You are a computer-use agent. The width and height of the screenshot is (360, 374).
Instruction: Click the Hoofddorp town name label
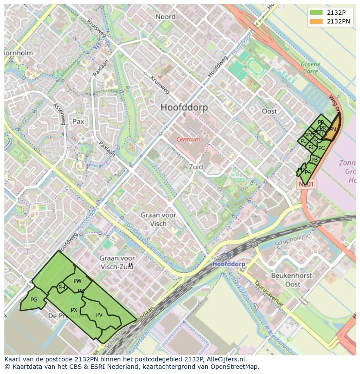tap(184, 107)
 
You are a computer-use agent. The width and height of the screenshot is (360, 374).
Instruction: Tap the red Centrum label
tap(188, 139)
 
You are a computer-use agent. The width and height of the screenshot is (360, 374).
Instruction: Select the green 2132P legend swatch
tap(316, 13)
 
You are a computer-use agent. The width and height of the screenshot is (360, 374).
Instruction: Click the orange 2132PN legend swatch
tap(316, 21)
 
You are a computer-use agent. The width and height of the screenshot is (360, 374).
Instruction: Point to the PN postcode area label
tap(332, 129)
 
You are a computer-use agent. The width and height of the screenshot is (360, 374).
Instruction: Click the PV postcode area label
tap(99, 315)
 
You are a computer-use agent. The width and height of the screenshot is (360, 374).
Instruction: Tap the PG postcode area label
tap(34, 300)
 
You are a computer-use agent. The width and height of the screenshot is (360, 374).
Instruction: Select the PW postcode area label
tap(77, 281)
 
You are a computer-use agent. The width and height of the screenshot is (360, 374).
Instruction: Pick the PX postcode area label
tap(74, 310)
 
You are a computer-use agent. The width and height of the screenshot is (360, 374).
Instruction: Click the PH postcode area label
tap(61, 288)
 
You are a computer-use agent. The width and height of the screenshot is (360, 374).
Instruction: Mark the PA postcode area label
tap(308, 172)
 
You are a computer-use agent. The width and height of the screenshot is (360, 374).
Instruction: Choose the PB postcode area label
tap(314, 160)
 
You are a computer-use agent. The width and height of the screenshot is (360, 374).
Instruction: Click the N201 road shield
tap(307, 184)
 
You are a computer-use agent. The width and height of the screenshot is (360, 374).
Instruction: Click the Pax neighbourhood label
tap(78, 122)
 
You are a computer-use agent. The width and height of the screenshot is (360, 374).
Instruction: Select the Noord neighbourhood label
tap(165, 17)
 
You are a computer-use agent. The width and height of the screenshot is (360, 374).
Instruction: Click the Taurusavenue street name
tap(269, 293)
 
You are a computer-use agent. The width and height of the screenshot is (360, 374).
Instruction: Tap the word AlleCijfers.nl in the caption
tap(227, 359)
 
